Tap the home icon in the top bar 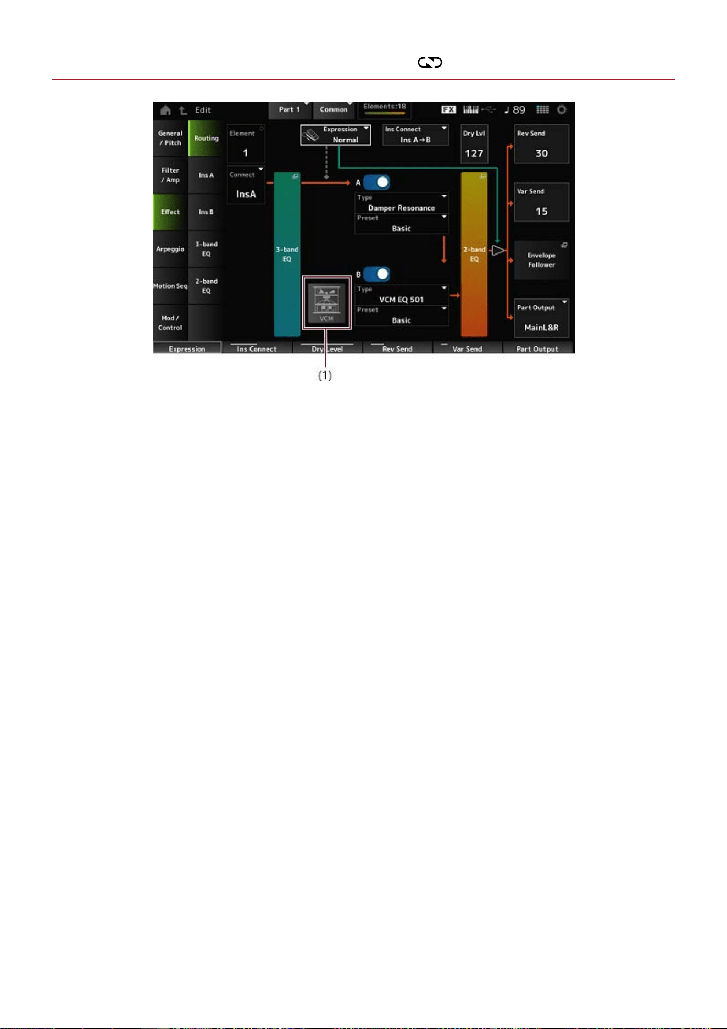[x=165, y=110]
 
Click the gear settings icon [x=561, y=109]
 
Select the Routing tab [x=206, y=139]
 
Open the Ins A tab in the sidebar [x=206, y=175]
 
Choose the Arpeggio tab [x=170, y=249]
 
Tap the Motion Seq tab [x=170, y=286]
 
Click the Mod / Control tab [x=170, y=323]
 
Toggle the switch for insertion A [x=376, y=182]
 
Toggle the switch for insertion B [x=376, y=274]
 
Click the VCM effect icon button [x=326, y=303]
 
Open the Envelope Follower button [x=541, y=260]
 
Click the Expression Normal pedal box [x=336, y=135]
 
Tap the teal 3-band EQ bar [x=287, y=254]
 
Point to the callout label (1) [x=325, y=375]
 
